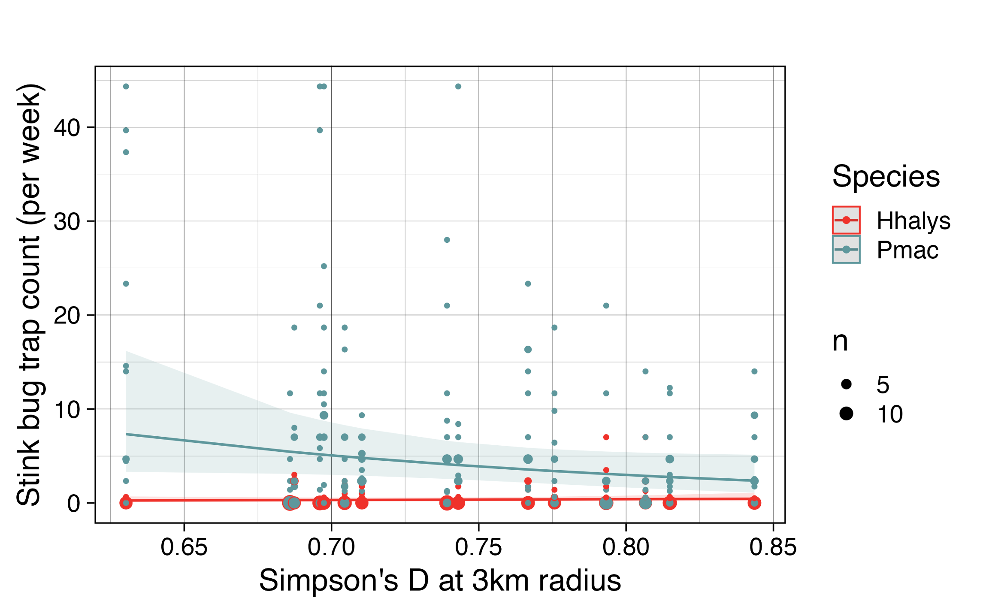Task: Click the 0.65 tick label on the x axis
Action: tap(184, 548)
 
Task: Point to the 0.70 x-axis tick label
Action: tap(331, 548)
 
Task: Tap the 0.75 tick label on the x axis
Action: tap(478, 548)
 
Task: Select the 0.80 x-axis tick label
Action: tap(626, 548)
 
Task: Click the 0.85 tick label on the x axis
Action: tap(773, 548)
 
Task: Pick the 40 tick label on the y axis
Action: tap(67, 128)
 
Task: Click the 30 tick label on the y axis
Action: tap(67, 222)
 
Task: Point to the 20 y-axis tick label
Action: tap(67, 316)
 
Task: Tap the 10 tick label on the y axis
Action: tap(67, 410)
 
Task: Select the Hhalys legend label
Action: tap(913, 221)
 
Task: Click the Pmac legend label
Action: tap(907, 250)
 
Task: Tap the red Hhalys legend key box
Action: tap(846, 220)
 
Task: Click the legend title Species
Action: tap(886, 176)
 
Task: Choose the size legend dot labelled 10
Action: tap(846, 414)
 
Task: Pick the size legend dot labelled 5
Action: tap(846, 384)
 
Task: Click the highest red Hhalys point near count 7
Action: tap(606, 437)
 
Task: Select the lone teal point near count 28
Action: tap(447, 240)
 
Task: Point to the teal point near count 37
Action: tap(126, 152)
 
